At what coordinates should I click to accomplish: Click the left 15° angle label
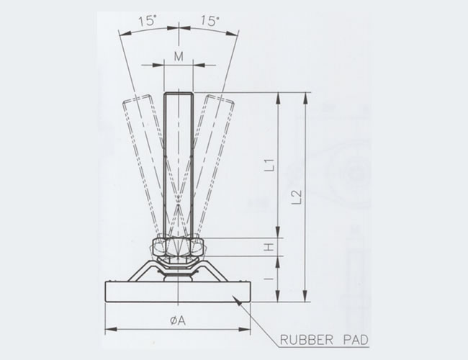[x=148, y=22]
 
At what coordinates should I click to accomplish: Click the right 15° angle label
[x=210, y=21]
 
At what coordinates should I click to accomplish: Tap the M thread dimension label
[x=179, y=56]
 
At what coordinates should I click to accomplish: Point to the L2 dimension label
[x=297, y=197]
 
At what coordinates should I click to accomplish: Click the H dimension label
[x=269, y=247]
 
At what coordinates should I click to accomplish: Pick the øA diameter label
[x=178, y=320]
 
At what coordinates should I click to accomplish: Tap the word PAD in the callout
[x=356, y=340]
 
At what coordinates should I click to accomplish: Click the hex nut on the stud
[x=179, y=247]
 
